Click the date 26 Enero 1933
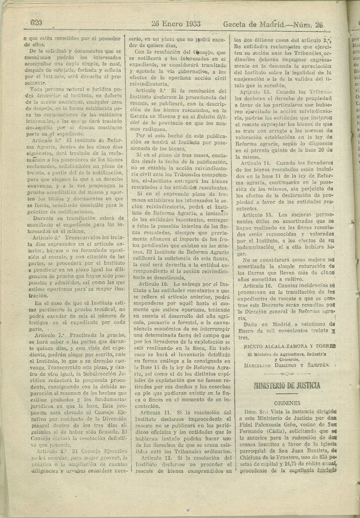(x=176, y=24)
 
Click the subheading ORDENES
(x=287, y=403)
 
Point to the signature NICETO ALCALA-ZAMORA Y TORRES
(x=289, y=346)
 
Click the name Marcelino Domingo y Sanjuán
(x=288, y=365)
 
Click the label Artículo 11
(x=152, y=412)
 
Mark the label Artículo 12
(x=152, y=458)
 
